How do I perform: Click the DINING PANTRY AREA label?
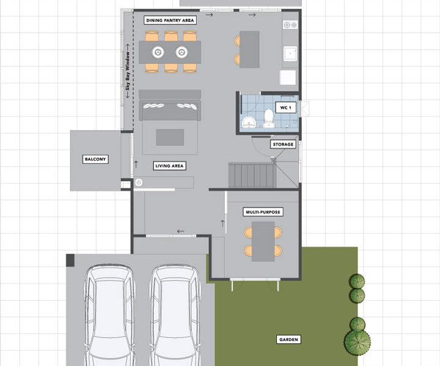[x=170, y=21]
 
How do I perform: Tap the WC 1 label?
[x=285, y=107]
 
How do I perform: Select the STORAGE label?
[x=283, y=144]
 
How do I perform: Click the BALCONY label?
[x=95, y=159]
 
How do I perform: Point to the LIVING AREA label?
[x=169, y=166]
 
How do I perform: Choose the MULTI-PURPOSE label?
[x=263, y=212]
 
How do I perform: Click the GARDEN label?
[x=288, y=339]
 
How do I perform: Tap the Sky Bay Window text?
[x=128, y=71]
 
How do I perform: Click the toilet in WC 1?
[x=268, y=118]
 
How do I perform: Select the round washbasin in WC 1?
[x=249, y=122]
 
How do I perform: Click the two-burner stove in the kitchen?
[x=290, y=25]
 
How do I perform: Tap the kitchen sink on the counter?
[x=290, y=54]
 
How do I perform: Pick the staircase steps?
[x=251, y=175]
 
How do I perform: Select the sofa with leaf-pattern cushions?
[x=170, y=109]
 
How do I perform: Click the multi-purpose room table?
[x=263, y=242]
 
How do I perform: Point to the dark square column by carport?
[x=70, y=260]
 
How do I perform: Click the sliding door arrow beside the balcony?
[x=136, y=164]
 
